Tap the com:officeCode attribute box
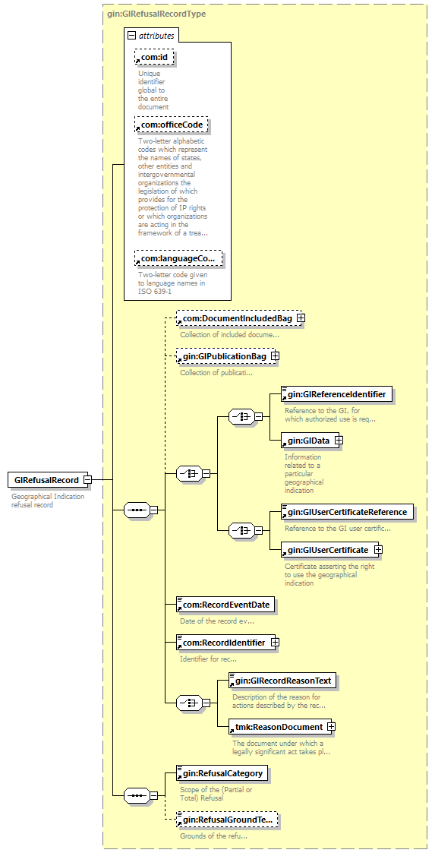point(172,125)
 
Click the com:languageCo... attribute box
point(179,257)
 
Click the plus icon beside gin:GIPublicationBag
point(275,355)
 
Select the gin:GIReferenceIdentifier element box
point(336,394)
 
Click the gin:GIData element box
point(307,440)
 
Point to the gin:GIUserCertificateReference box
point(347,511)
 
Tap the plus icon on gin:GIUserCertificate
point(378,549)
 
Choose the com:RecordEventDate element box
point(225,605)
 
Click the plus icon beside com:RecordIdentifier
point(275,643)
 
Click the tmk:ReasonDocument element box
point(279,726)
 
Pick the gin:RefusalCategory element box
point(222,772)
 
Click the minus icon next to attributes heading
point(131,36)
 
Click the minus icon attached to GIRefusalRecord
point(87,480)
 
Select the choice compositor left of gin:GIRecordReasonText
point(189,703)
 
